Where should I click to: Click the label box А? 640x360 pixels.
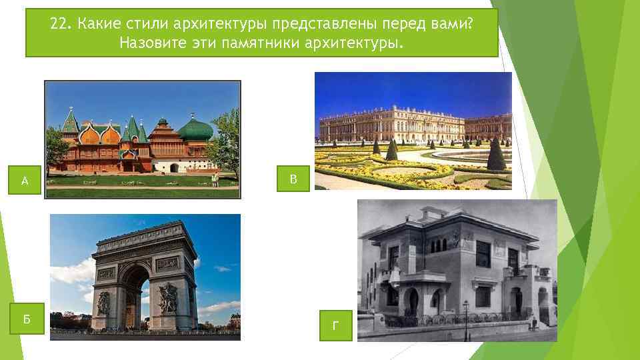(x=25, y=180)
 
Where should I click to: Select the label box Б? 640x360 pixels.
(x=27, y=319)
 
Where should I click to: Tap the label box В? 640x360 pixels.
(x=293, y=179)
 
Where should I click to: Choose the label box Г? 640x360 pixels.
(x=335, y=325)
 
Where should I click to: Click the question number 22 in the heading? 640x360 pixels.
(x=59, y=25)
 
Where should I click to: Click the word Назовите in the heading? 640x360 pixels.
(x=149, y=43)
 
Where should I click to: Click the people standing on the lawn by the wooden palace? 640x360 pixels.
(x=214, y=179)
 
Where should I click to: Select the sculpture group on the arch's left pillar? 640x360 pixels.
(x=104, y=302)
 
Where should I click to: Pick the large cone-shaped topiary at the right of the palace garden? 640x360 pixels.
(x=495, y=155)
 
